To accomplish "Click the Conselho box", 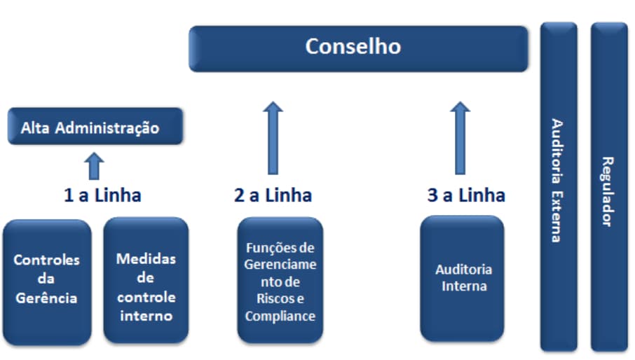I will tap(358, 48).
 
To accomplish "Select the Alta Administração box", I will tap(95, 127).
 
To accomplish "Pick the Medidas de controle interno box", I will tap(146, 280).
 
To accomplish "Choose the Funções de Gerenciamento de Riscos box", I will tap(280, 280).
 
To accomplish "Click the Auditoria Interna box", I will tap(463, 278).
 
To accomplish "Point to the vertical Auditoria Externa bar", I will tap(558, 186).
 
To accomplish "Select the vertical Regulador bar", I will tap(608, 186).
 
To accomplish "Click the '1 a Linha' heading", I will tap(102, 195).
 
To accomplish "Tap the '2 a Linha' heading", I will tap(273, 195).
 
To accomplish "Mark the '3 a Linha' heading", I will tap(466, 195).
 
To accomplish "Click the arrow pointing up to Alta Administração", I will tap(95, 166).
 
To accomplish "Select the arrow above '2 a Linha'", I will tap(273, 137).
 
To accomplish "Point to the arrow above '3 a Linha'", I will tap(460, 137).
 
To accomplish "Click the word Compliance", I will tap(280, 316).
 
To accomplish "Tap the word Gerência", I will tap(47, 298).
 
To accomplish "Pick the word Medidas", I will tap(146, 258).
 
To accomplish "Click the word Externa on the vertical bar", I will tap(557, 216).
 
